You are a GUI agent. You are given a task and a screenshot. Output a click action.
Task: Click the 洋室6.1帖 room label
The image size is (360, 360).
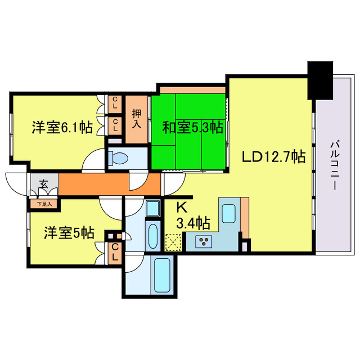62,127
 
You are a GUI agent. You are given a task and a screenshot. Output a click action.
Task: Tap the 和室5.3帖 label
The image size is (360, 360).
192,128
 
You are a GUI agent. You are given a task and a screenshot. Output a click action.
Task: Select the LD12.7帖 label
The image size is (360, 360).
274,157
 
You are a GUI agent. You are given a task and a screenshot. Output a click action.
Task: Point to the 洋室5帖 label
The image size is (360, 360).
69,232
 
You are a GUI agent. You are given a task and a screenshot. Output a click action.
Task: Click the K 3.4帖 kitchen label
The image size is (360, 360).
193,216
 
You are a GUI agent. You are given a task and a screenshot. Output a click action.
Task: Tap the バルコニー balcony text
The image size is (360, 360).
335,165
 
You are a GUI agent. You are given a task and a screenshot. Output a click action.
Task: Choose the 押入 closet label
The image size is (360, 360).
136,119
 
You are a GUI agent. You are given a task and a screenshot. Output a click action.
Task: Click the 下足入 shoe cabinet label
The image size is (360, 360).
44,204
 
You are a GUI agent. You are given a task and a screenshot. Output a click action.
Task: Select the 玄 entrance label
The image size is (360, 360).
44,184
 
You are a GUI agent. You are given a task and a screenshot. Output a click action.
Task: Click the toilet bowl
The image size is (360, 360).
118,159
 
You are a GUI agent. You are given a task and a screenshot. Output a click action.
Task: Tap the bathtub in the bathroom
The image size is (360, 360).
162,275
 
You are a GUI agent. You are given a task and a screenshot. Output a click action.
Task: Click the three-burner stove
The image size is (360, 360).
204,241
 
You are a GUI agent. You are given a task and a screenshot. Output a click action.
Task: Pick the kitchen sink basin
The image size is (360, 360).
229,214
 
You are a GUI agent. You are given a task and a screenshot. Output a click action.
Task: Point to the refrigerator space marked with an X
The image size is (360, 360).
173,242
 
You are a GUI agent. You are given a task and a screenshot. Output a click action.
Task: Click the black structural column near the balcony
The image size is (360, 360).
320,80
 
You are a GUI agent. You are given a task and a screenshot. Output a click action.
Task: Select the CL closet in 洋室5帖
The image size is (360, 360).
115,253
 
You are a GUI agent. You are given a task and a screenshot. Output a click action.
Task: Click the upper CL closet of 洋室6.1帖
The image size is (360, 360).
115,104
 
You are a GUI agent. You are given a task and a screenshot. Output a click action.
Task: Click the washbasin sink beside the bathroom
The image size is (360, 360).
153,208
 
